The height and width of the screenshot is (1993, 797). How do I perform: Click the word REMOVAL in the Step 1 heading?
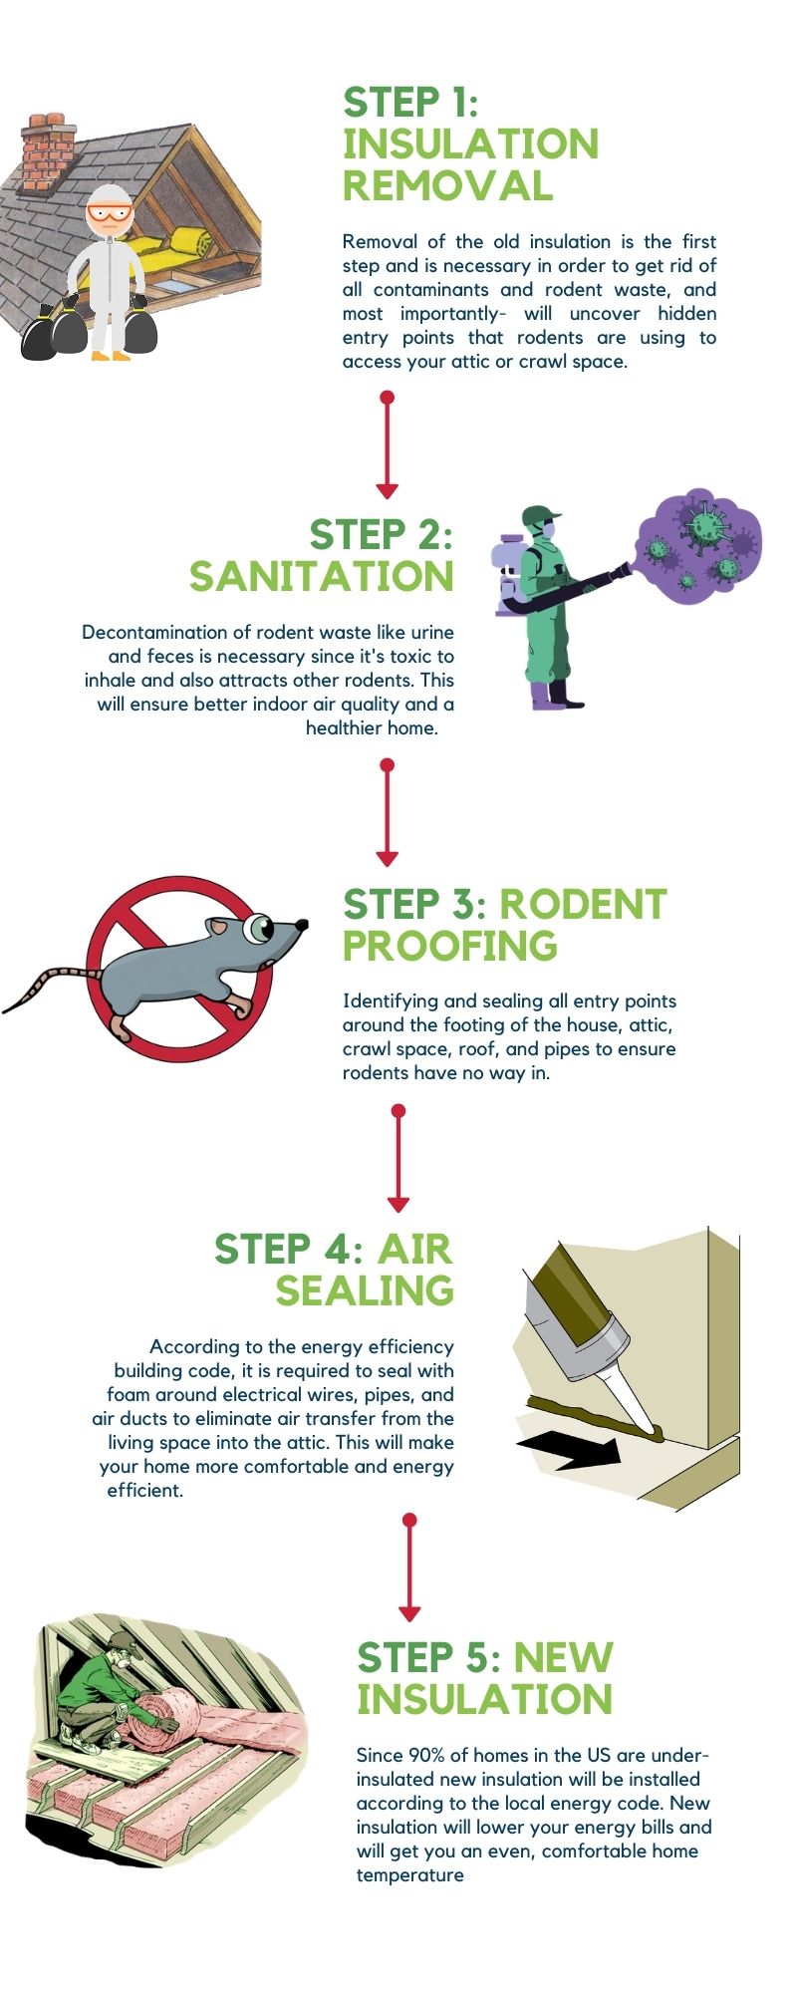447,186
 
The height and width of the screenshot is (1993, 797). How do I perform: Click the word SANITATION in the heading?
322,576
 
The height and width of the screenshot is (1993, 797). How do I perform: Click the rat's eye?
261,929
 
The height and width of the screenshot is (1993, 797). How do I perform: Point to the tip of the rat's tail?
8,1009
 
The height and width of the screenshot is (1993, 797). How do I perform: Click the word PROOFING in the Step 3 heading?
449,946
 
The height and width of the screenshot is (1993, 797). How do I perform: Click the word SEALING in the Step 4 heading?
365,1290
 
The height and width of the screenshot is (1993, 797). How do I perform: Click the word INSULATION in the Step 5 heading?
484,1699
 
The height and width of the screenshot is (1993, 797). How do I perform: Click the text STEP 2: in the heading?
381,535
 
